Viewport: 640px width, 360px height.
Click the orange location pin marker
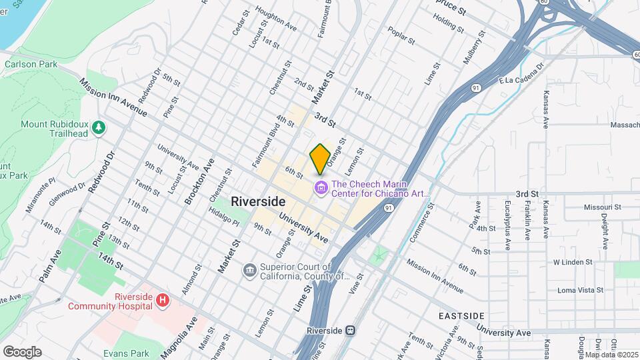click(320, 159)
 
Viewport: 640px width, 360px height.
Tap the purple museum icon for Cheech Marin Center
click(321, 189)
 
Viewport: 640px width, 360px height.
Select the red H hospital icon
click(161, 301)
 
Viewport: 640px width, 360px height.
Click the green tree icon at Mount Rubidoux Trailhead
click(99, 127)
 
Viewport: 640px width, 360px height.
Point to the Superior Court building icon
click(249, 271)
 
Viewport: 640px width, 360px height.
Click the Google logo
click(22, 351)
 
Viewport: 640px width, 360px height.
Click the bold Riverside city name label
click(258, 201)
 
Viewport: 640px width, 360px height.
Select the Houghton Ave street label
click(275, 22)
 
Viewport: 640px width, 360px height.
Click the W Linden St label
click(573, 262)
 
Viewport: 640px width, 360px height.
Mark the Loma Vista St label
click(580, 290)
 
